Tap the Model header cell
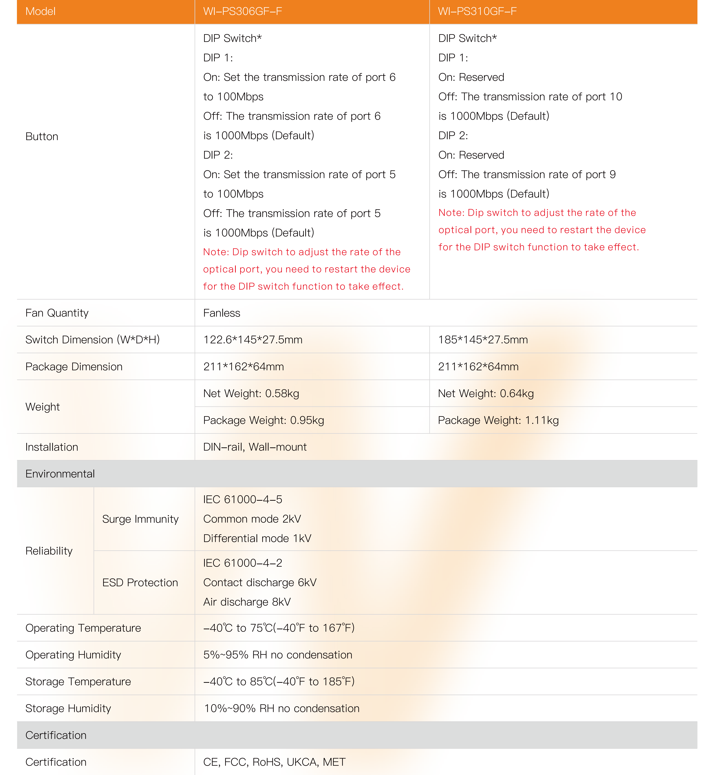click(40, 11)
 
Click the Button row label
click(42, 137)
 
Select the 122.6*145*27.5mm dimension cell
click(253, 340)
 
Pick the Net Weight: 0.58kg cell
click(251, 394)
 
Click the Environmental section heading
click(60, 474)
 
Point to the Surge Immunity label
click(140, 519)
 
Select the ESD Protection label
click(140, 582)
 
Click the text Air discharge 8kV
click(247, 602)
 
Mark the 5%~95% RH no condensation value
click(277, 655)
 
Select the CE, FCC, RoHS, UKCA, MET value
click(274, 762)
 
